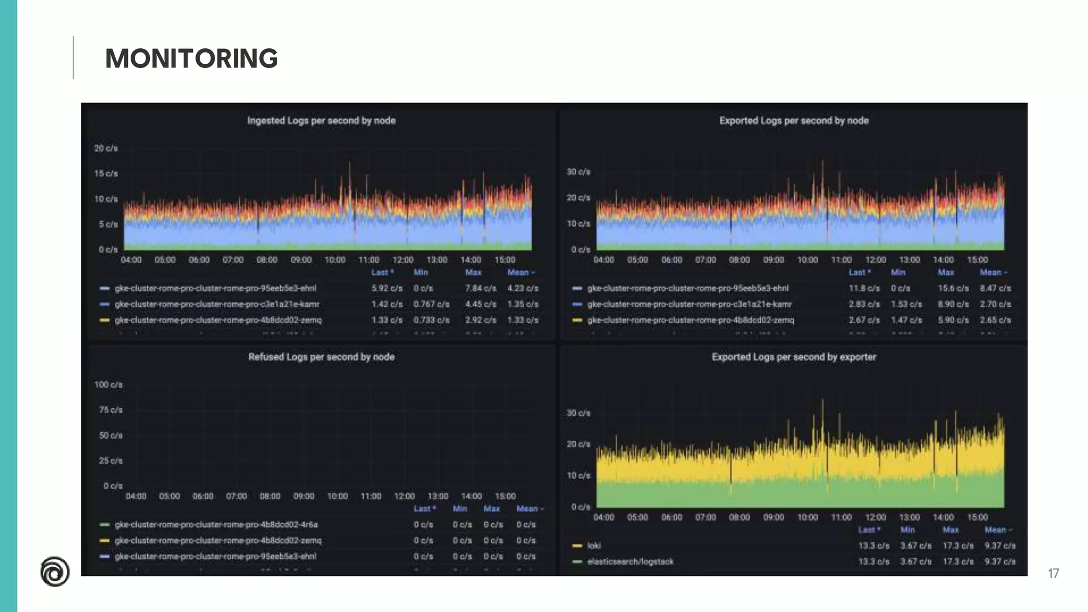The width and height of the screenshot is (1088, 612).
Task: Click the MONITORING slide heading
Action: click(x=191, y=58)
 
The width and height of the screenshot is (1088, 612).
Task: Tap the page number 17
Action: click(x=1053, y=573)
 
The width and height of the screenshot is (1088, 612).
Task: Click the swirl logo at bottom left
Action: click(x=55, y=572)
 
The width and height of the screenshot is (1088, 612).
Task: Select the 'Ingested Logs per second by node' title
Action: click(x=321, y=121)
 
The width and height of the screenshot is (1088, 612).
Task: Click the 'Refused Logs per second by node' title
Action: click(x=321, y=357)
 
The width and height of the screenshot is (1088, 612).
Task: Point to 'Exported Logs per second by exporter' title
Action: click(x=794, y=357)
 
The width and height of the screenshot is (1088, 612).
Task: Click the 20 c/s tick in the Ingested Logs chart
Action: click(x=106, y=148)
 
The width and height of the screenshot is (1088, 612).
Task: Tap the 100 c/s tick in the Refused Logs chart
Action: click(x=108, y=385)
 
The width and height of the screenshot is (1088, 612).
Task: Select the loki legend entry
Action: click(x=594, y=546)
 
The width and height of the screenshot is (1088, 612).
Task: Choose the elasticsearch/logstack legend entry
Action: click(x=630, y=562)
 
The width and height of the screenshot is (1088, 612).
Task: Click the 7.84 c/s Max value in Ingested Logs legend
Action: click(x=480, y=288)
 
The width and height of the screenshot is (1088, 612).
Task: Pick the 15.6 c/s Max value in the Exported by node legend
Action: click(x=953, y=288)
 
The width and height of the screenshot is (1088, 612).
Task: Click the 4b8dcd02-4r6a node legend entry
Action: click(x=216, y=524)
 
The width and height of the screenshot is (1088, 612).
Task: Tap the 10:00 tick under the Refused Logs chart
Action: click(x=337, y=496)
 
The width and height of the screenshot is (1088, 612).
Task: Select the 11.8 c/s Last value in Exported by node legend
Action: click(x=864, y=288)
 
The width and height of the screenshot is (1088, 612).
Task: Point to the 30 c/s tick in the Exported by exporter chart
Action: click(x=578, y=413)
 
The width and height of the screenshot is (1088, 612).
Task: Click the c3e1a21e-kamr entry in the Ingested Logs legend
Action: click(x=217, y=304)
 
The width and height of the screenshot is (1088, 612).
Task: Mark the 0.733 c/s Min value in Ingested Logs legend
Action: click(x=431, y=320)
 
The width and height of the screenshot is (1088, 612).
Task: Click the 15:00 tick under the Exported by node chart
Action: click(x=977, y=260)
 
